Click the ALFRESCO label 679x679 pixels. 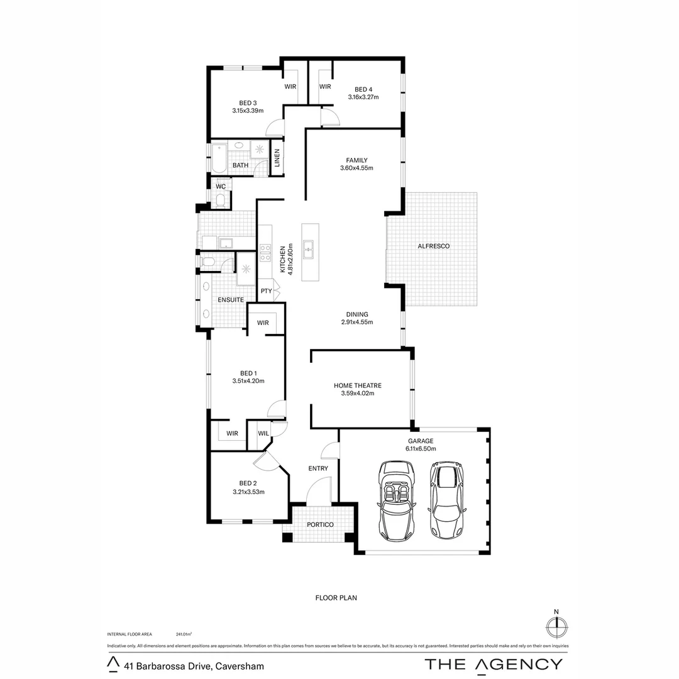[434, 246]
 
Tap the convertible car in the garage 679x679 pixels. [396, 500]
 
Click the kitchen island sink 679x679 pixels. [309, 250]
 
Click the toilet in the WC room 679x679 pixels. [221, 201]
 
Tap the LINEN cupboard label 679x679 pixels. [277, 160]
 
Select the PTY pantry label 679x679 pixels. [267, 291]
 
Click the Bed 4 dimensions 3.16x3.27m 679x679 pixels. [363, 97]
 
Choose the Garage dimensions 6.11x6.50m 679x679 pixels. [421, 449]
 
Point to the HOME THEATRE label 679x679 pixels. [358, 385]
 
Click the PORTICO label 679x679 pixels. [320, 524]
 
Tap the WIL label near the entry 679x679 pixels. [263, 434]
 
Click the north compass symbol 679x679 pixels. [555, 626]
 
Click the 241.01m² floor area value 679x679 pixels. [184, 634]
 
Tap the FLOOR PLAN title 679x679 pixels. [336, 598]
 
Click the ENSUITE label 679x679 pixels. [231, 300]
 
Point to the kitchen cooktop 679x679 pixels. [265, 253]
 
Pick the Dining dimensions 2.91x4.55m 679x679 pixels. [357, 323]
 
